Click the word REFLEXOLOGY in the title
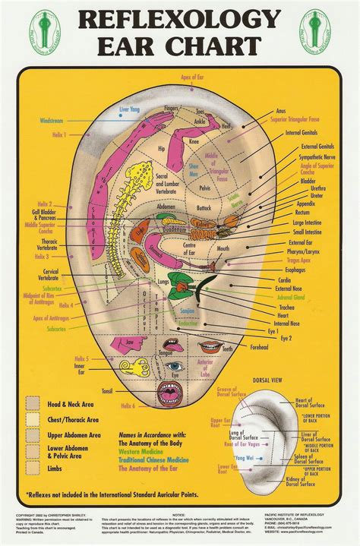180,21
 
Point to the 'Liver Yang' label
131,110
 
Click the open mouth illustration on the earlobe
169,393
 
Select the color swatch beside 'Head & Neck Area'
33,403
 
